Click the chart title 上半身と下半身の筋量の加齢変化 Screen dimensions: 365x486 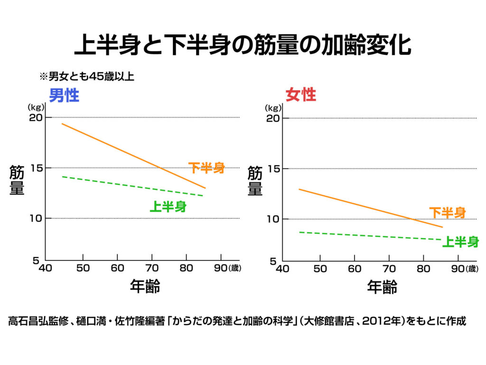pyautogui.click(x=243, y=45)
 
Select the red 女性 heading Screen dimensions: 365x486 pyautogui.click(x=300, y=95)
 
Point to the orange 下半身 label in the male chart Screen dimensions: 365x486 pyautogui.click(x=206, y=168)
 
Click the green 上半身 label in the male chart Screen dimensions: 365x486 pyautogui.click(x=168, y=206)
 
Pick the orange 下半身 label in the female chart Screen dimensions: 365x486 pyautogui.click(x=447, y=212)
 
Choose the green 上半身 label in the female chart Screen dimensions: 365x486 pyautogui.click(x=460, y=242)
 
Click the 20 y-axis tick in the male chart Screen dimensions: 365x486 pyautogui.click(x=35, y=117)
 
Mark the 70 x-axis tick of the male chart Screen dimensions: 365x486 pyautogui.click(x=152, y=268)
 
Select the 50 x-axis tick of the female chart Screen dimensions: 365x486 pyautogui.click(x=320, y=268)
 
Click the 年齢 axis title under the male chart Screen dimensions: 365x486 pyautogui.click(x=145, y=287)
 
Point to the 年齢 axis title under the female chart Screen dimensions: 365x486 pyautogui.click(x=382, y=287)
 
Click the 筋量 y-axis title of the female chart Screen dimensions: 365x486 pyautogui.click(x=255, y=181)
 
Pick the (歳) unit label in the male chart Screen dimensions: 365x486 pyautogui.click(x=235, y=268)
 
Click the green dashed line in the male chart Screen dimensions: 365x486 pyautogui.click(x=133, y=186)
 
